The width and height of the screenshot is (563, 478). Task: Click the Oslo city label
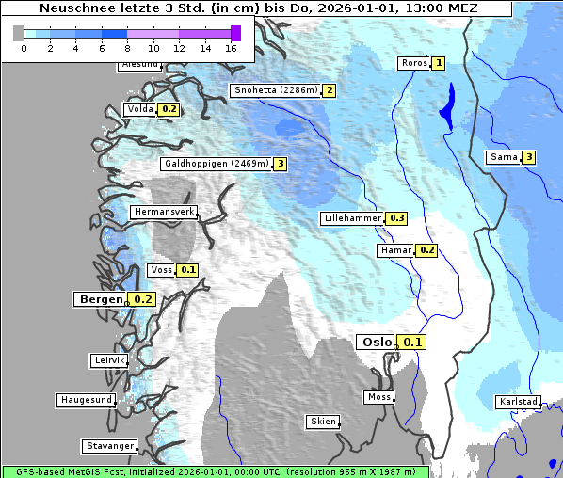tap(377, 343)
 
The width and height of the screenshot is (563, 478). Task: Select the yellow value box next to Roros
tap(438, 63)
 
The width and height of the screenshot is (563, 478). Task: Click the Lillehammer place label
tap(352, 218)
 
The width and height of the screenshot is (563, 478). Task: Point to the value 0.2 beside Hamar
tap(426, 250)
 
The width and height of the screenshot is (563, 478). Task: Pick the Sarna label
tap(503, 157)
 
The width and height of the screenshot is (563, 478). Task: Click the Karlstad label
tap(518, 402)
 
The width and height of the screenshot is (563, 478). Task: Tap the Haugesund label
tap(86, 400)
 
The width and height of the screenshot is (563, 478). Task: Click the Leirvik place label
tap(109, 360)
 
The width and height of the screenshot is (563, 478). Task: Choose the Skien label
tap(322, 422)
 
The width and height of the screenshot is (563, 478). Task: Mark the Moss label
tap(378, 397)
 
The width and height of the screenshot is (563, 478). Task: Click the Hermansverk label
tap(163, 213)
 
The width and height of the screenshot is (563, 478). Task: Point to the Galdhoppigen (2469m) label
tap(217, 164)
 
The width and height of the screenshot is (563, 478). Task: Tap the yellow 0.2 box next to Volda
tap(169, 109)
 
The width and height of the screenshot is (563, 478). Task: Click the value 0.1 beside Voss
tap(187, 270)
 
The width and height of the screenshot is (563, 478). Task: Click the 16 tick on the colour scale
tap(232, 48)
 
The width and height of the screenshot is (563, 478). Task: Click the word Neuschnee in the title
tap(70, 8)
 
